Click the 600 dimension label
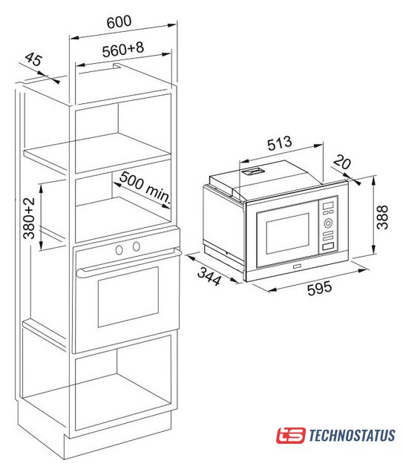[119, 22]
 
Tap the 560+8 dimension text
[123, 50]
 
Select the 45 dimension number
[33, 59]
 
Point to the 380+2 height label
[30, 218]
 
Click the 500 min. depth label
[145, 187]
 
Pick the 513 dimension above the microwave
[280, 143]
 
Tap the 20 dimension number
[342, 162]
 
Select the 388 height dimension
[382, 217]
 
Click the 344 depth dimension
[209, 277]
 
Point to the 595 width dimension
[319, 288]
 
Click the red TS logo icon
[291, 436]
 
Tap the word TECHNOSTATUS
[352, 436]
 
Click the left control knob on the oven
[119, 249]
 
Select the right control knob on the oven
[137, 246]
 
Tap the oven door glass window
[128, 297]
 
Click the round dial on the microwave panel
[328, 223]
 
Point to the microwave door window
[287, 234]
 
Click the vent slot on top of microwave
[253, 171]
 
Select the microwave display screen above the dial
[328, 206]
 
